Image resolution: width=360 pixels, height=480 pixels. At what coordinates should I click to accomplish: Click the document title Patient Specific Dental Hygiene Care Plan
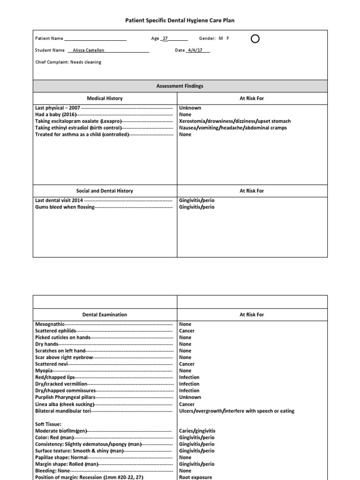pyautogui.click(x=180, y=21)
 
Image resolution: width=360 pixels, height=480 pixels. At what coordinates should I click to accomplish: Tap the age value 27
pyautogui.click(x=165, y=39)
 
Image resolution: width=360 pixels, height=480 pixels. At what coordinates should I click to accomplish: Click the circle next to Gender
pyautogui.click(x=255, y=39)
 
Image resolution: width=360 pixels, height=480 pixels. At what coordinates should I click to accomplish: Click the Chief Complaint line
pyautogui.click(x=68, y=62)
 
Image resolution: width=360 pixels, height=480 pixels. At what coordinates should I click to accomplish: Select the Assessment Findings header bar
pyautogui.click(x=180, y=86)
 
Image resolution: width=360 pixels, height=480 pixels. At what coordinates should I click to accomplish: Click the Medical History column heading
pyautogui.click(x=105, y=98)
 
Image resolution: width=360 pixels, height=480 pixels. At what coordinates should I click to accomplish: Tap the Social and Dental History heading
pyautogui.click(x=105, y=191)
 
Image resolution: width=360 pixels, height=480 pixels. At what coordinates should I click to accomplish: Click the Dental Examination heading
pyautogui.click(x=105, y=315)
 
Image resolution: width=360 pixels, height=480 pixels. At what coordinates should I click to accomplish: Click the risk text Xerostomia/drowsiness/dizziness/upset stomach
pyautogui.click(x=235, y=121)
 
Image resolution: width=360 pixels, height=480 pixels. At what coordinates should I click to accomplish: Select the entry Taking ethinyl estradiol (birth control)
pyautogui.click(x=79, y=127)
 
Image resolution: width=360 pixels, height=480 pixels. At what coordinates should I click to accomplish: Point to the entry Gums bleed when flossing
pyautogui.click(x=65, y=207)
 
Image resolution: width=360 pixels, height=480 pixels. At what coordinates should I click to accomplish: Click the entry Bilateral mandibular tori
pyautogui.click(x=63, y=411)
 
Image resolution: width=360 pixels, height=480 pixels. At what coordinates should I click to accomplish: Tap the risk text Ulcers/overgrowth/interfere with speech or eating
pyautogui.click(x=237, y=411)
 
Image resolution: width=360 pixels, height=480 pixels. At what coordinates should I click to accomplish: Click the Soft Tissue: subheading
pyautogui.click(x=49, y=424)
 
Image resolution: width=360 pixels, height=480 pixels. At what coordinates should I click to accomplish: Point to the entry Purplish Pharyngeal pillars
pyautogui.click(x=65, y=397)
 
